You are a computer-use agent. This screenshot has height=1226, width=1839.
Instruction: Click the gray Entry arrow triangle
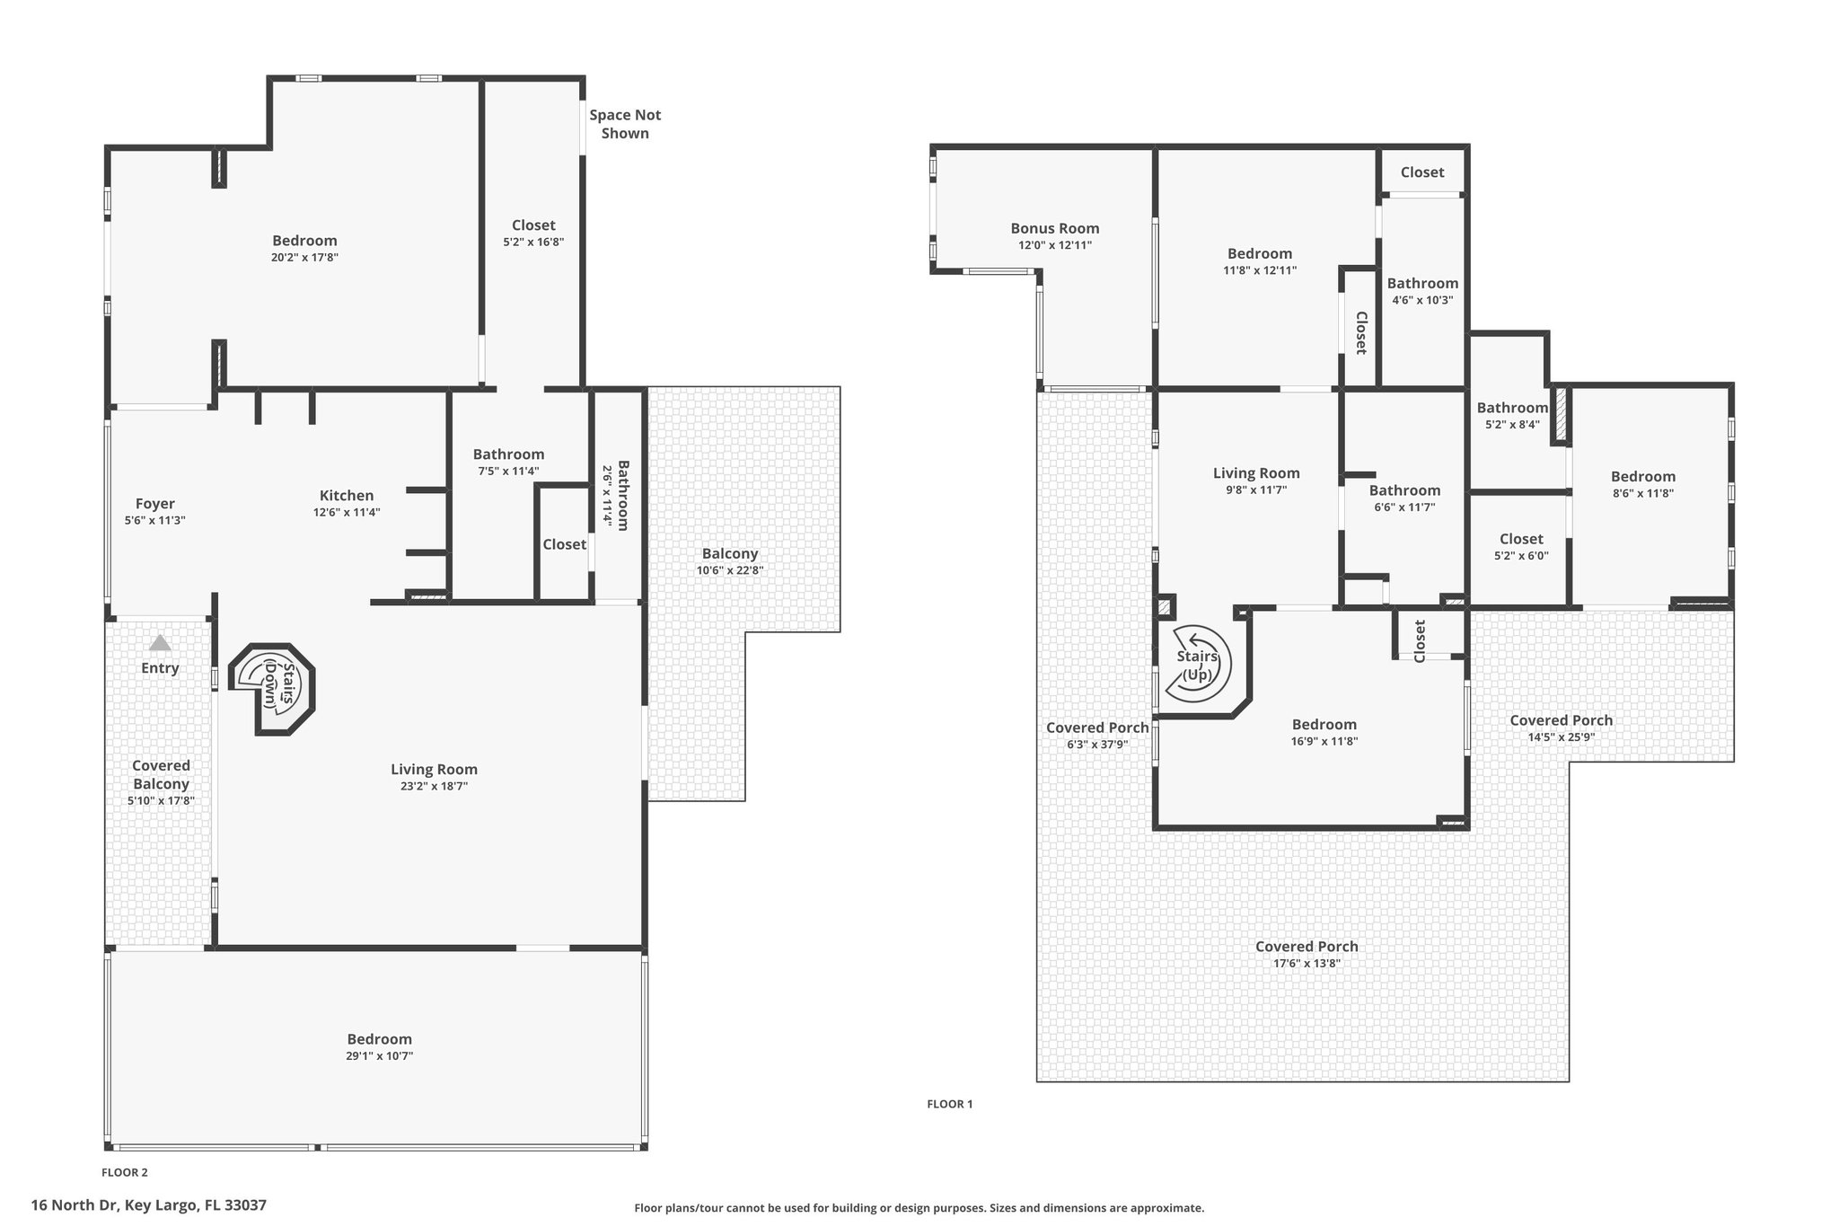pyautogui.click(x=160, y=642)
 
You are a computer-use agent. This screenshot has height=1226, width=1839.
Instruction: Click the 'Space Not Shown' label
pyautogui.click(x=625, y=124)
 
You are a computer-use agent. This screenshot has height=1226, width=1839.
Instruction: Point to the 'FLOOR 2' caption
pyautogui.click(x=125, y=1172)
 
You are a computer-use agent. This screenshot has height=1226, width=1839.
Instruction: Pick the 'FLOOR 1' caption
pyautogui.click(x=950, y=1104)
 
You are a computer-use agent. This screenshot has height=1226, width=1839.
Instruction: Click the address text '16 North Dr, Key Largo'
pyautogui.click(x=114, y=1205)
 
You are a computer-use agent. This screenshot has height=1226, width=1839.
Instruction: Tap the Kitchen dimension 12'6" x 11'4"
pyautogui.click(x=347, y=513)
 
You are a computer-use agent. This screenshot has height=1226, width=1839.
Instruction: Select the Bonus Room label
pyautogui.click(x=1055, y=228)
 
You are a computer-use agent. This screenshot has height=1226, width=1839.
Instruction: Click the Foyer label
pyautogui.click(x=155, y=504)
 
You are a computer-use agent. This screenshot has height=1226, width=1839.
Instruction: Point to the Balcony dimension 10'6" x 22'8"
pyautogui.click(x=730, y=570)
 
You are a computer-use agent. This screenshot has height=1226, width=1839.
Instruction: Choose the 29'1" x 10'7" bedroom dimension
pyautogui.click(x=380, y=1056)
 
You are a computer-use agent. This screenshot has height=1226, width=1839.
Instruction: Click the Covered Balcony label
pyautogui.click(x=162, y=774)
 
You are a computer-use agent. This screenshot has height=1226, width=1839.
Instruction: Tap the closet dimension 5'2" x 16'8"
pyautogui.click(x=533, y=242)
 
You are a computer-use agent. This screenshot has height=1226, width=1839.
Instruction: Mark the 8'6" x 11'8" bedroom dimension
pyautogui.click(x=1643, y=493)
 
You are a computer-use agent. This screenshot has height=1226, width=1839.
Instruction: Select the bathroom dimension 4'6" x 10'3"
pyautogui.click(x=1422, y=300)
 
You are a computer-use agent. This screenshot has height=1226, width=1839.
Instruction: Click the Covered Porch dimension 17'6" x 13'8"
pyautogui.click(x=1307, y=964)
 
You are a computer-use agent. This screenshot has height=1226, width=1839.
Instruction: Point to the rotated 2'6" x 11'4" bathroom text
pyautogui.click(x=608, y=496)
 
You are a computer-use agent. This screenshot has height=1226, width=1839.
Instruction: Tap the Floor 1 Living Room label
pyautogui.click(x=1256, y=473)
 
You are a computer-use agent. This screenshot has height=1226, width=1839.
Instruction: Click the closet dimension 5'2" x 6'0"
pyautogui.click(x=1521, y=556)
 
